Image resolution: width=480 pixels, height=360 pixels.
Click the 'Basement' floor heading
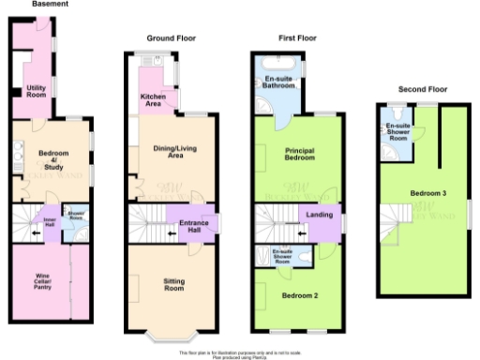pos(48,4)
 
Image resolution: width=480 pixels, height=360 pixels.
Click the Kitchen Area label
pos(154,99)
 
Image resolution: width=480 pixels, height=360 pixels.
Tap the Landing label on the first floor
pos(319,215)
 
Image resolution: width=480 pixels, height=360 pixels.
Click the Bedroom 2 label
pos(300,296)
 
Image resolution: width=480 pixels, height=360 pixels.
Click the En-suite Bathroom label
pos(278,83)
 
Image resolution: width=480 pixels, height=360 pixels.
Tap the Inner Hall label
pos(51,223)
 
